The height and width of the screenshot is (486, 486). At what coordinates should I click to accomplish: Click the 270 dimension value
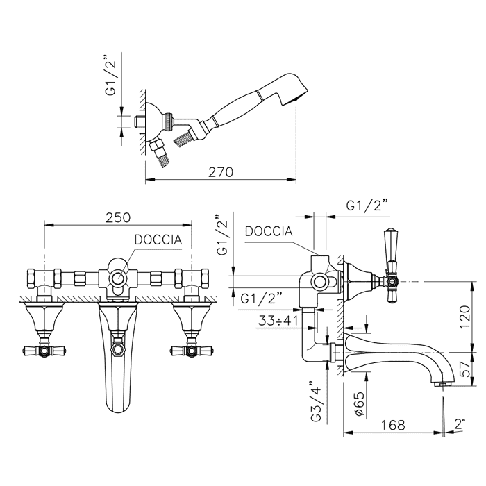pyautogui.click(x=220, y=172)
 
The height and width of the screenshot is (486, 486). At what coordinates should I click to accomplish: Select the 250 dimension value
pyautogui.click(x=118, y=217)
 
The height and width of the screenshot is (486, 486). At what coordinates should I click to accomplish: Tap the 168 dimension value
pyautogui.click(x=393, y=425)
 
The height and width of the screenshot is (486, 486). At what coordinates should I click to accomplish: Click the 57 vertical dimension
pyautogui.click(x=465, y=369)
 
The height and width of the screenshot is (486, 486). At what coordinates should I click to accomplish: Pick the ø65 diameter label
pyautogui.click(x=359, y=403)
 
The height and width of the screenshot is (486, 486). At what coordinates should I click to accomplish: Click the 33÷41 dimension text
pyautogui.click(x=278, y=321)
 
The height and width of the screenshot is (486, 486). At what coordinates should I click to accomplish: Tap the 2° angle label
pyautogui.click(x=460, y=424)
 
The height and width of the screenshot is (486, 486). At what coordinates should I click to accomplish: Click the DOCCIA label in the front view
pyautogui.click(x=158, y=240)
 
